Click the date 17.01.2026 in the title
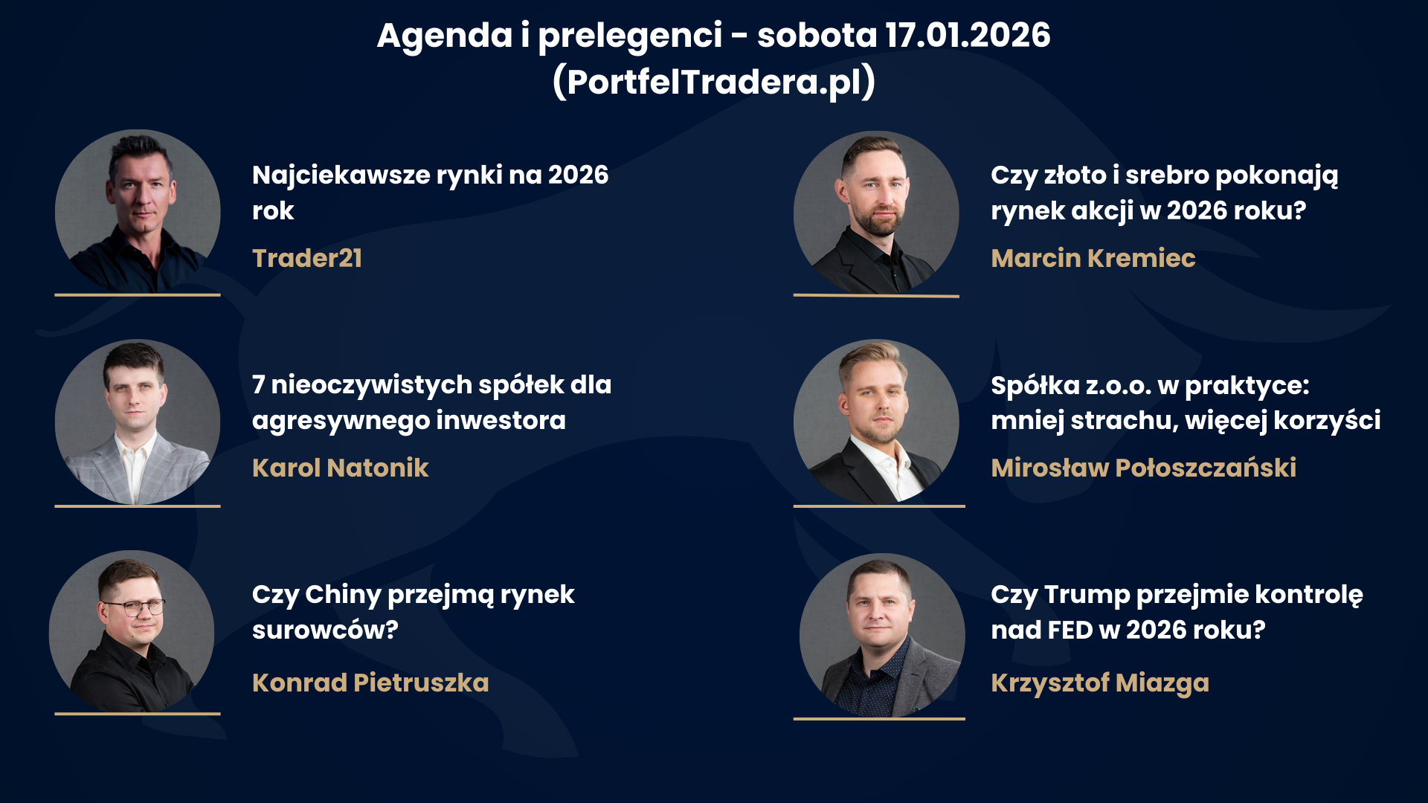coord(968,35)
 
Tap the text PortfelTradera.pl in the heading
coord(714,82)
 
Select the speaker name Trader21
coord(307,258)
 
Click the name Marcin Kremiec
coord(1093,258)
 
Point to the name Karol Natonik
coord(341,468)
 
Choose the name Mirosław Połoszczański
coord(1144,468)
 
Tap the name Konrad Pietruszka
coord(370,683)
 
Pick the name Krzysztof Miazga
coord(1100,683)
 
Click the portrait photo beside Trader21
coord(138,212)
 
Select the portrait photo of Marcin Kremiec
coord(876,213)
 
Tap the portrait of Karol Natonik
coord(138,422)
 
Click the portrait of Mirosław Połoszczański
coord(876,422)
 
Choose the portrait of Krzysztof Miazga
coord(882,636)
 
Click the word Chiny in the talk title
coord(343,596)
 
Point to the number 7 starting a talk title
coord(259,385)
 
